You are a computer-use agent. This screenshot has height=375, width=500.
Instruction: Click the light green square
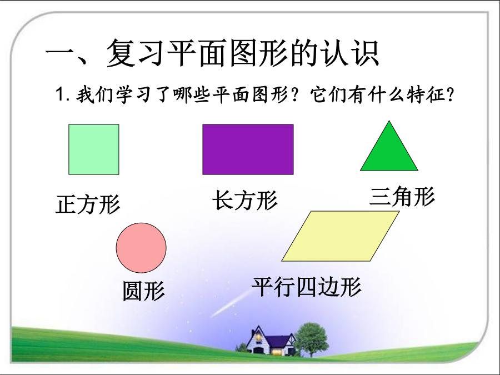point(94,149)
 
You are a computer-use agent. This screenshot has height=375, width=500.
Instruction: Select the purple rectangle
point(248,149)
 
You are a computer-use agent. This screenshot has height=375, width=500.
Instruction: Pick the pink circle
point(141,248)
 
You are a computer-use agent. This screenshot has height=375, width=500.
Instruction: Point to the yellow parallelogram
point(341,236)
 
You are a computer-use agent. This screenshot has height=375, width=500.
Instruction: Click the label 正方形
point(88,204)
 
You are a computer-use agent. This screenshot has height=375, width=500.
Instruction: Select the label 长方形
point(245,200)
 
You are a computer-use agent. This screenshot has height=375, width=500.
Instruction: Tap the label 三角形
point(402,196)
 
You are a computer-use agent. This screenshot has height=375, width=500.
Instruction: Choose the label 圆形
point(144,291)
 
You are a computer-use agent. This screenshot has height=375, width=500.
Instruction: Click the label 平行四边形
point(307,286)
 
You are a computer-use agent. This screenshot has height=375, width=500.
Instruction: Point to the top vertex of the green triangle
point(389,121)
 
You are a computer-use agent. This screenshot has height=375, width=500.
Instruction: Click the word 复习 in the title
point(136,53)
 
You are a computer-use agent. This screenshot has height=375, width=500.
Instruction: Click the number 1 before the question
point(60,94)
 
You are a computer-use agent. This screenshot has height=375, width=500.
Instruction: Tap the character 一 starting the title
point(62,53)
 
